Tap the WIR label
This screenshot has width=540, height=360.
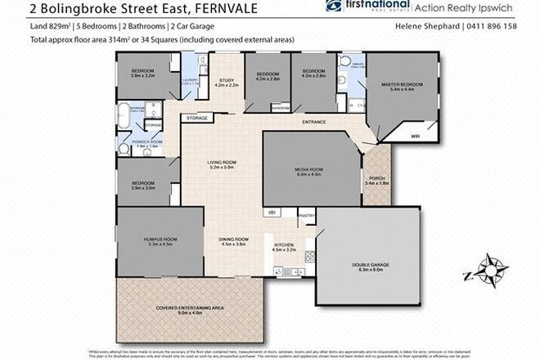[x=415, y=135]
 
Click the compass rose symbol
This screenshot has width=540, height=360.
[x=489, y=270]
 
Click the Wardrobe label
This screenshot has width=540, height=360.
[x=281, y=108]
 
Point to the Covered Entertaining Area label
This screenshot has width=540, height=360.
[x=178, y=309]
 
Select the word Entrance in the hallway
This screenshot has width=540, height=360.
[x=314, y=123]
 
